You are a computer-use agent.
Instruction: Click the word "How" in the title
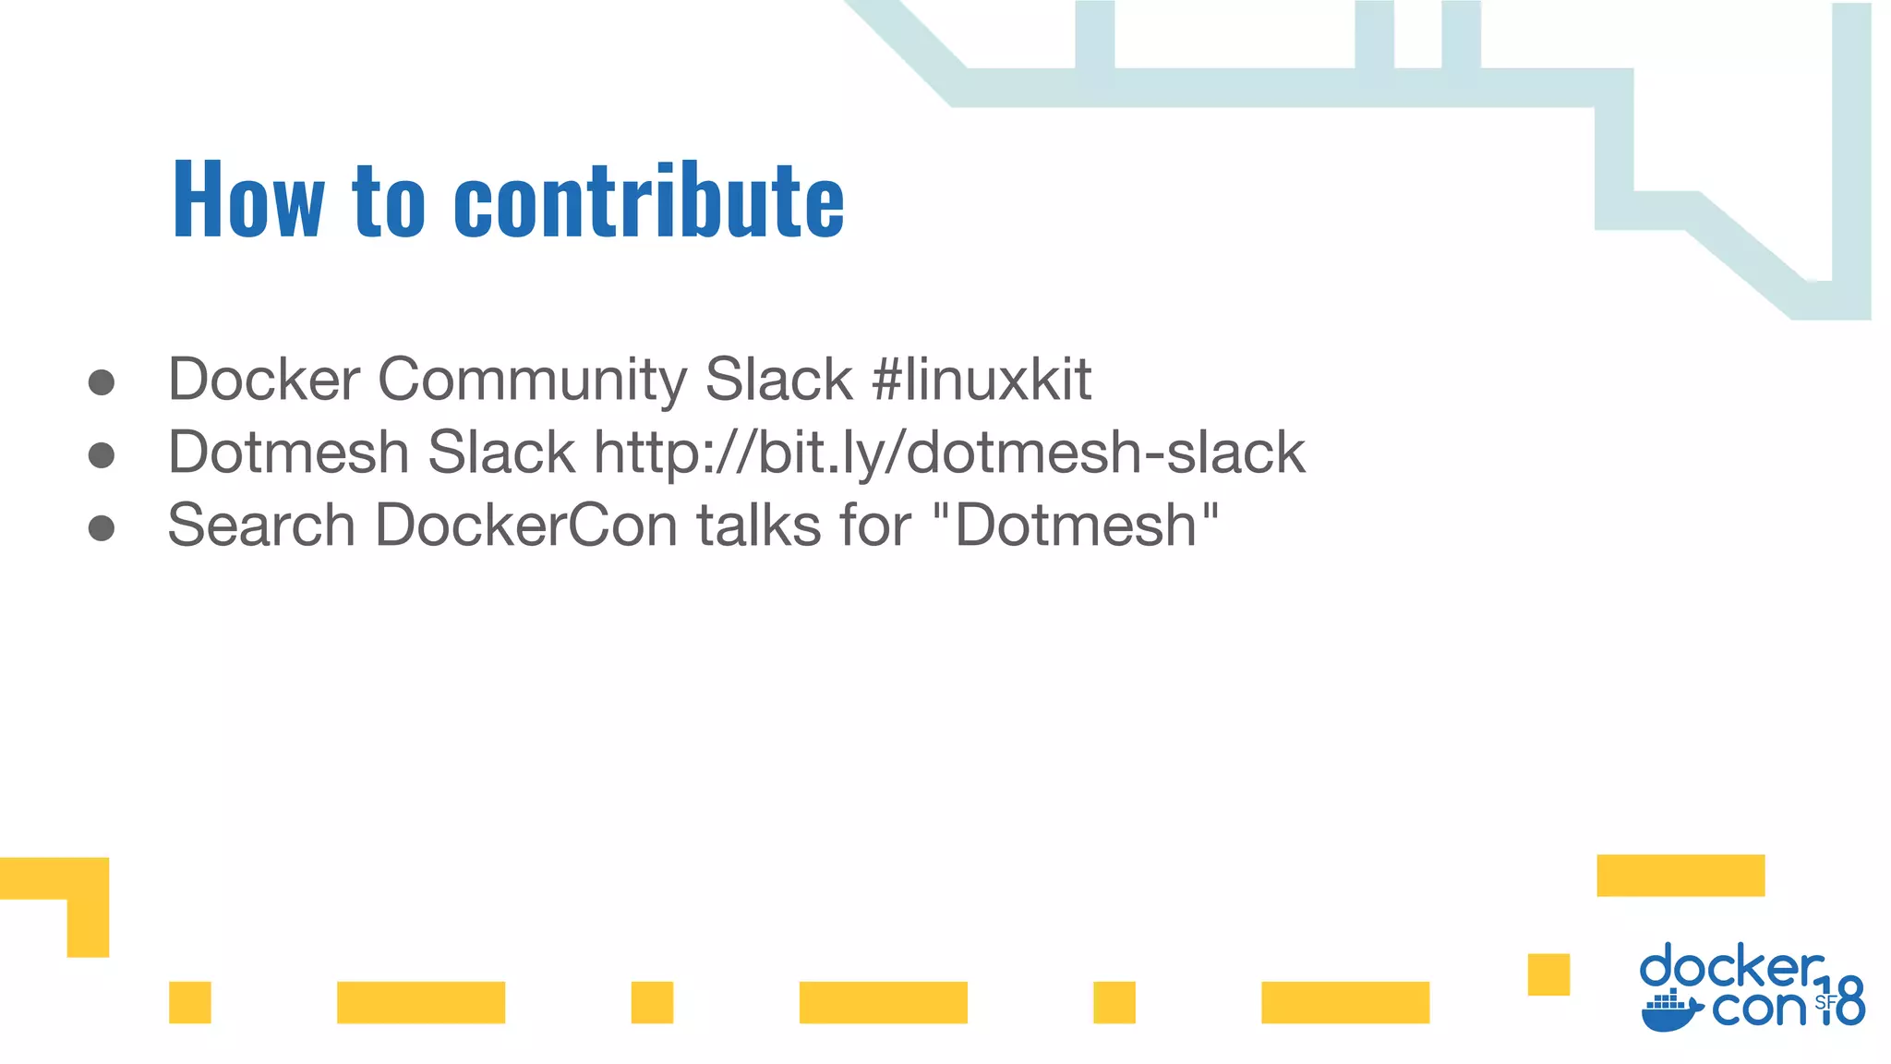(x=247, y=199)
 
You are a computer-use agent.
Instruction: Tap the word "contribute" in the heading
(x=649, y=199)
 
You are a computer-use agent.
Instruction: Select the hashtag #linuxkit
(x=982, y=379)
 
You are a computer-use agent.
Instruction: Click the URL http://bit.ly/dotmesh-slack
(x=949, y=453)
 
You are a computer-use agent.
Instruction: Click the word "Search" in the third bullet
(x=261, y=525)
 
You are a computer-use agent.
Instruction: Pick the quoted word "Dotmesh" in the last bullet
(x=1076, y=525)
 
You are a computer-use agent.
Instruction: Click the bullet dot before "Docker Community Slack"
(x=102, y=382)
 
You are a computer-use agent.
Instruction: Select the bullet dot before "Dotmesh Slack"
(x=102, y=455)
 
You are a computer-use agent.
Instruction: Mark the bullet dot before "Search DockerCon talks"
(x=102, y=528)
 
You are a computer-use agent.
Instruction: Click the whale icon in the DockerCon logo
(x=1671, y=1013)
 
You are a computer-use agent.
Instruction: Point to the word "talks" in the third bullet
(x=758, y=525)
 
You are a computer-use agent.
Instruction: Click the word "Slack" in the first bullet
(x=778, y=379)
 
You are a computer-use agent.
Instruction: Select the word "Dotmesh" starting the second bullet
(x=288, y=453)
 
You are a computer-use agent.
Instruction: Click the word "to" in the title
(x=388, y=199)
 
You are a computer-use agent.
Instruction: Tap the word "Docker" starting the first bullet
(x=263, y=379)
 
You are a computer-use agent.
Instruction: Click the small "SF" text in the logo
(x=1825, y=1002)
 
